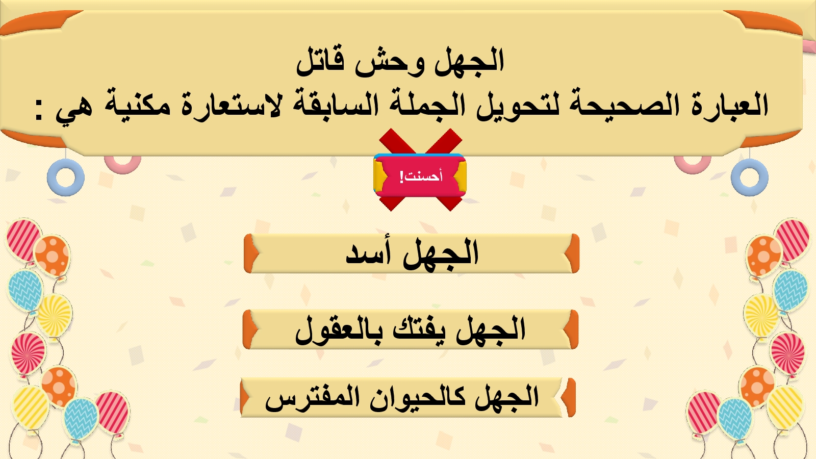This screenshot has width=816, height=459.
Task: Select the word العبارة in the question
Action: (723, 105)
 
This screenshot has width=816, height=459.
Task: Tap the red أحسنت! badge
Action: (420, 176)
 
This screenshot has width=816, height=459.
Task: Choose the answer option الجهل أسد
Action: (412, 253)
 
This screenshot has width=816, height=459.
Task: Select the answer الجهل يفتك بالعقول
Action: (411, 329)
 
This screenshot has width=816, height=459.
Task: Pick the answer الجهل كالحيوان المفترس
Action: (408, 398)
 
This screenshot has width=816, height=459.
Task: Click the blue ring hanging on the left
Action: (66, 178)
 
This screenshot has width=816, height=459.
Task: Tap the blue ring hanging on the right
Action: (750, 178)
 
